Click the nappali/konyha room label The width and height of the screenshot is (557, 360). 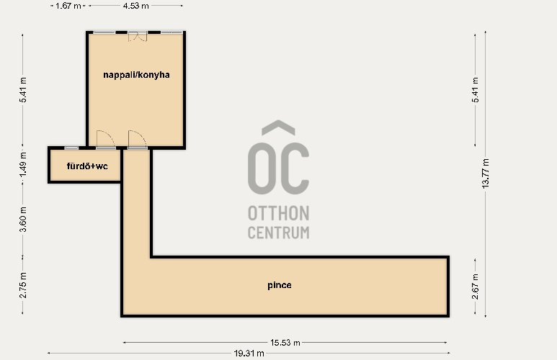tap(136, 75)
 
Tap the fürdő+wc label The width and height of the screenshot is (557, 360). tap(87, 166)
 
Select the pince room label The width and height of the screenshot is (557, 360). tap(280, 285)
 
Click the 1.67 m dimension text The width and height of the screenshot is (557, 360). tap(68, 6)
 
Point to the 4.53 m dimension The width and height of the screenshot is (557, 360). tap(135, 6)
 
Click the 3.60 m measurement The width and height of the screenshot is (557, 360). tap(23, 220)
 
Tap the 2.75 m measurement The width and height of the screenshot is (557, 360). tap(23, 285)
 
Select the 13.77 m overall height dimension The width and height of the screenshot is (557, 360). tap(486, 174)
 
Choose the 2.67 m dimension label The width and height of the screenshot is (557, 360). tap(476, 287)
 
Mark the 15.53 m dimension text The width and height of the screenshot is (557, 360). tap(285, 343)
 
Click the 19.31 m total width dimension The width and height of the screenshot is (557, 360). tap(249, 354)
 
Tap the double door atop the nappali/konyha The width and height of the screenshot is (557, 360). tap(138, 36)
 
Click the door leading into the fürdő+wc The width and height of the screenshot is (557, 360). tap(105, 139)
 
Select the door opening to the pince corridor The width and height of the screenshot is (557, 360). tap(138, 139)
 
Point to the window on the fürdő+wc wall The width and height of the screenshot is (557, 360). tap(71, 148)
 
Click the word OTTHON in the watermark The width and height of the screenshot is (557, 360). tap(278, 213)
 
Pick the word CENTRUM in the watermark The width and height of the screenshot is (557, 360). tap(278, 233)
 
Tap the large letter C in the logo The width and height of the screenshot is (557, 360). tap(295, 168)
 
